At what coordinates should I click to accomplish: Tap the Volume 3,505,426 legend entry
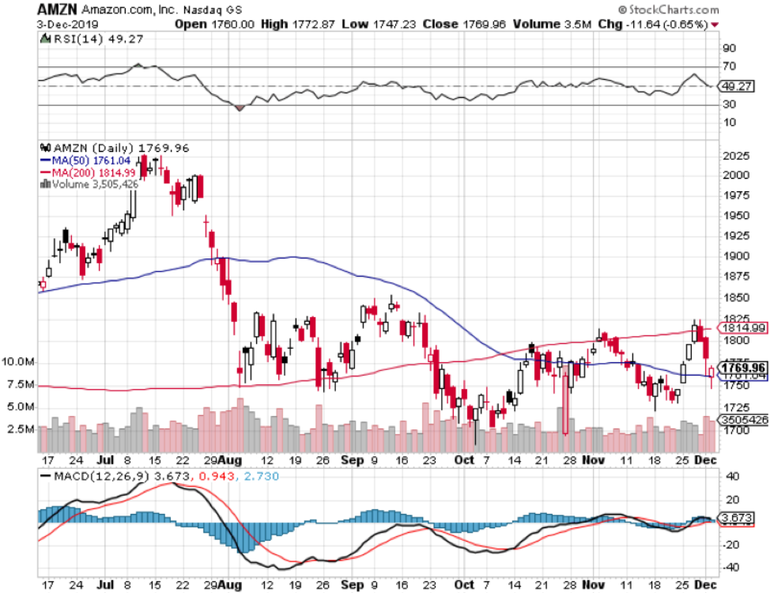coord(93,184)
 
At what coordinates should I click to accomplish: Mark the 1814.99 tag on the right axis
coord(742,327)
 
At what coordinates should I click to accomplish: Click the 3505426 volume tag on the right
coord(743,419)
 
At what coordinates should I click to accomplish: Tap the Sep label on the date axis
coord(349,459)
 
